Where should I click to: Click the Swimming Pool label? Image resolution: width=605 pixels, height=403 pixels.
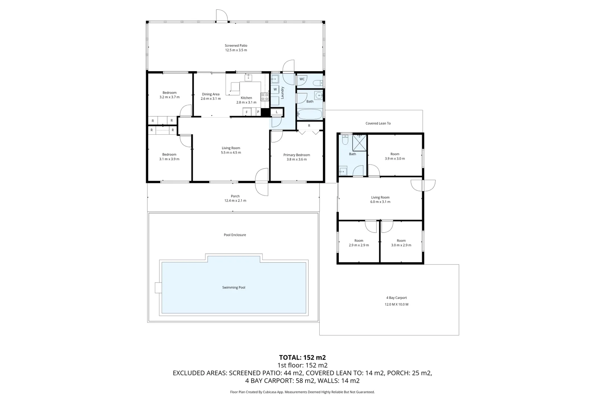click(234, 287)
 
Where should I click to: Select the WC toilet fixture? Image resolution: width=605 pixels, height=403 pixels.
click(317, 83)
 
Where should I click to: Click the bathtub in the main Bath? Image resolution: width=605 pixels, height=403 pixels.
click(310, 115)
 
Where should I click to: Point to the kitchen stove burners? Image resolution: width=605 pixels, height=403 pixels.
click(265, 97)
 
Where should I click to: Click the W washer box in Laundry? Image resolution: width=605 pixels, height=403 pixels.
click(275, 89)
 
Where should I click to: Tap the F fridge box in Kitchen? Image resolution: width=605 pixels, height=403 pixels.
click(247, 112)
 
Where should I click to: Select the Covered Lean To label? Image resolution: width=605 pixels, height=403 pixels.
click(378, 124)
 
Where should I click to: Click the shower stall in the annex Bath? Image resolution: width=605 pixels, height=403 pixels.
click(360, 142)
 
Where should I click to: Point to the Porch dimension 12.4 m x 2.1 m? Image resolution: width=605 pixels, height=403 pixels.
click(235, 200)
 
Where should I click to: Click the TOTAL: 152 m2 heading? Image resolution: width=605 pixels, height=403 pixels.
click(302, 357)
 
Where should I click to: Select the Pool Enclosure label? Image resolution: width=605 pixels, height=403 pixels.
click(235, 235)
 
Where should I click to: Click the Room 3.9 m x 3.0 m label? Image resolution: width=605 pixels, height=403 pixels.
click(395, 156)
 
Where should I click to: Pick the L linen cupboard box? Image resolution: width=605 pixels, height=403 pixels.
click(277, 112)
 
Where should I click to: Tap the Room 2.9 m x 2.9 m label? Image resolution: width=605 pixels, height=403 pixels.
click(359, 243)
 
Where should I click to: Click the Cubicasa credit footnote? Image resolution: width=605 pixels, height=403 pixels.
click(302, 392)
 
